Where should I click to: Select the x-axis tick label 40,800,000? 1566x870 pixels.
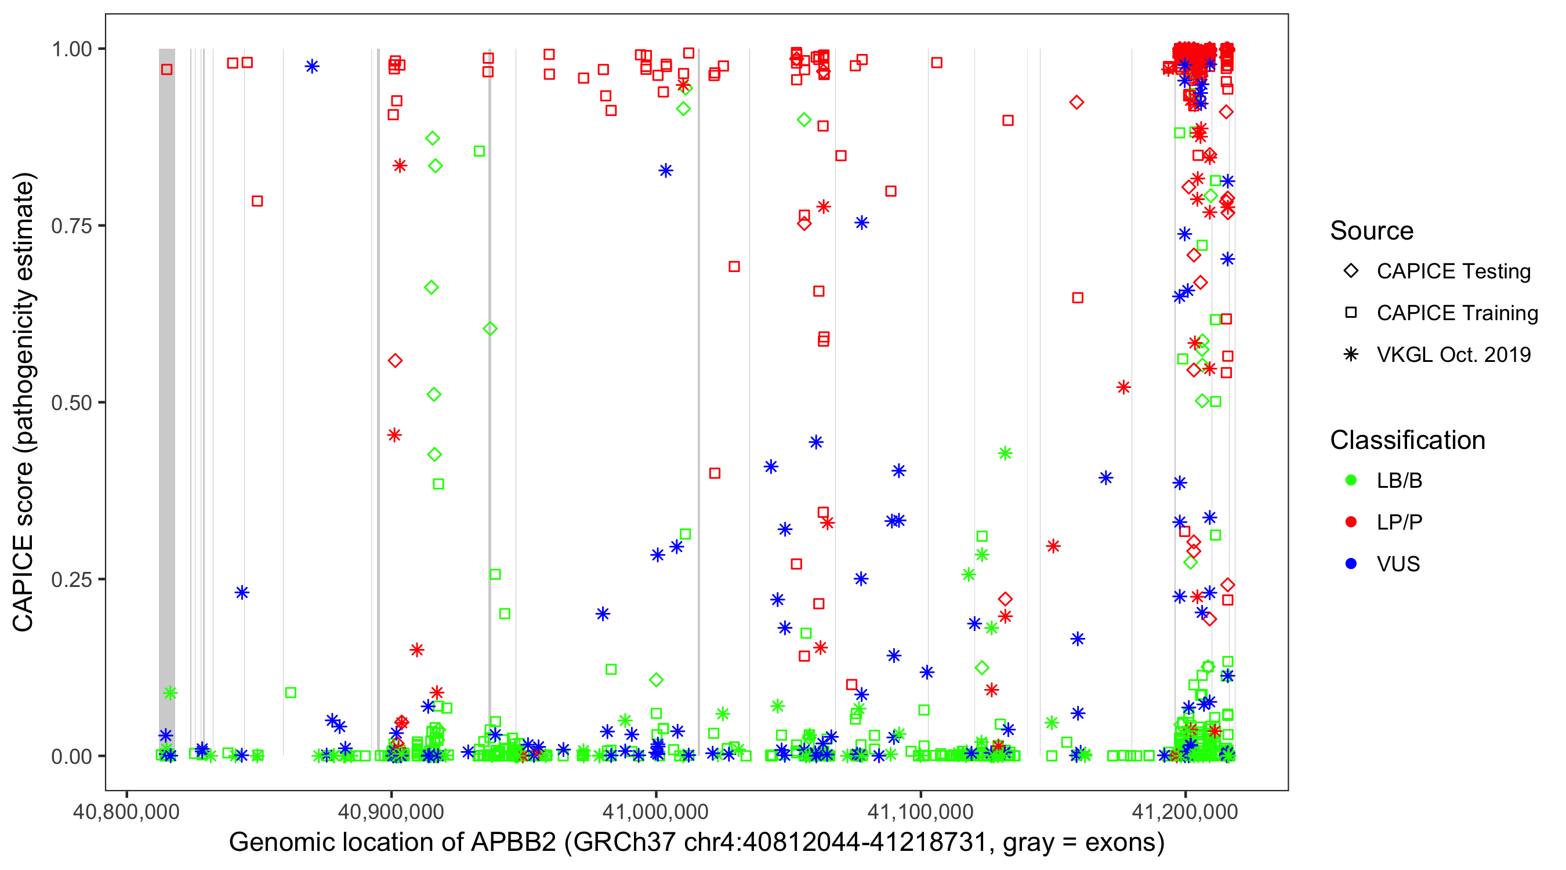[126, 811]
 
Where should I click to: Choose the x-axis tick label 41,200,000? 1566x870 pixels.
[1185, 811]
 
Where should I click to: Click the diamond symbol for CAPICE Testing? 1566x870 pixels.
[1351, 271]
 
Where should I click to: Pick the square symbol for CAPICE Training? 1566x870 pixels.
[1351, 313]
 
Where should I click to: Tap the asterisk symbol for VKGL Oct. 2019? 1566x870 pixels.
[1351, 354]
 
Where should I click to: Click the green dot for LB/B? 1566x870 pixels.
[1351, 480]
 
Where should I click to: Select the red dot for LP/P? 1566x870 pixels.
[1351, 522]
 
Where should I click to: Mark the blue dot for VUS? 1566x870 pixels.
[1351, 564]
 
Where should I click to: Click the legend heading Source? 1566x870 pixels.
[1372, 231]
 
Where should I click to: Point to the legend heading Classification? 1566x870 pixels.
[1407, 440]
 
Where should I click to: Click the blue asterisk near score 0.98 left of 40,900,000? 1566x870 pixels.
[312, 66]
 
